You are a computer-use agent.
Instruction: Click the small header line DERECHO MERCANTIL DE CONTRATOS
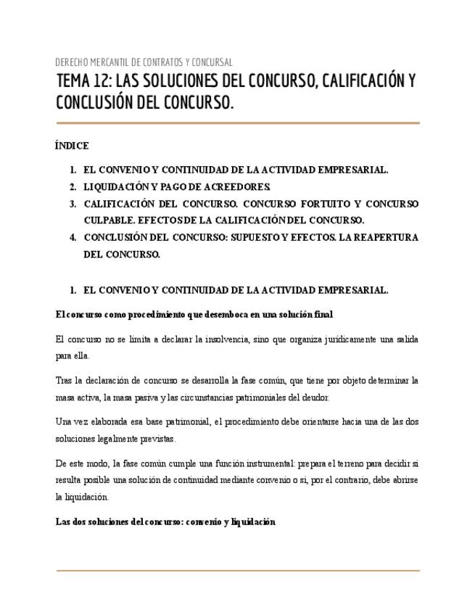[x=144, y=62]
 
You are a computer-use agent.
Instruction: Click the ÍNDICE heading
[x=72, y=146]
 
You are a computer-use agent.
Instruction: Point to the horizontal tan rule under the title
[x=237, y=123]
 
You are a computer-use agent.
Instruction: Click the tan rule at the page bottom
[x=237, y=571]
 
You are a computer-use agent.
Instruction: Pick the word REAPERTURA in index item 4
[x=387, y=237]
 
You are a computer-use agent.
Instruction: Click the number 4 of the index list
[x=73, y=237]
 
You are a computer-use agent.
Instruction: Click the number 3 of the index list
[x=73, y=204]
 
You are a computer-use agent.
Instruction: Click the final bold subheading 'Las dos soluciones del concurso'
[x=165, y=521]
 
